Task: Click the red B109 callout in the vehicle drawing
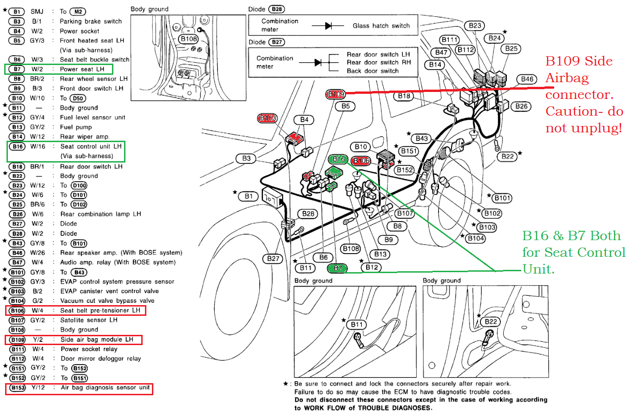[335, 94]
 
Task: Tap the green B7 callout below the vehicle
[337, 268]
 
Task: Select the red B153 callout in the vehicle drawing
[267, 118]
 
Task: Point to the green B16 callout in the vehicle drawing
[338, 159]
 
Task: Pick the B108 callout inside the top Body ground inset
[189, 39]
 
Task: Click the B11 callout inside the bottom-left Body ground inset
[357, 325]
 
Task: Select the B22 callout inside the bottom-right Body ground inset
[491, 321]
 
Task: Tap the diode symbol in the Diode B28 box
[328, 26]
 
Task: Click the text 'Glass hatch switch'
[381, 26]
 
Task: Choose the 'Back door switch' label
[373, 71]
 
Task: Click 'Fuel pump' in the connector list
[76, 127]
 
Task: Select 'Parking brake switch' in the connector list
[91, 21]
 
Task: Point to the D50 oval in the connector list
[78, 98]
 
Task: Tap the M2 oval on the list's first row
[78, 12]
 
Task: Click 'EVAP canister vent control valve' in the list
[109, 291]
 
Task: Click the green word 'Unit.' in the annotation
[538, 269]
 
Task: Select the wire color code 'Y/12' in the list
[38, 387]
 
